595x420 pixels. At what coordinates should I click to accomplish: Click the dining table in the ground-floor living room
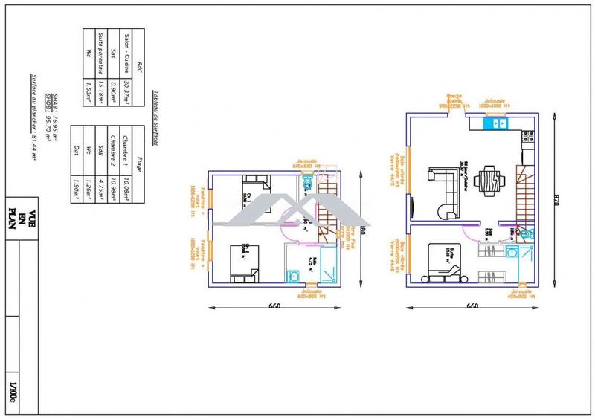click(487, 179)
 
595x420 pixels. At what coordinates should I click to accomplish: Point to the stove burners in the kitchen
click(527, 137)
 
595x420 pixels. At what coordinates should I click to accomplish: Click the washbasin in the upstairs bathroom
click(294, 276)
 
